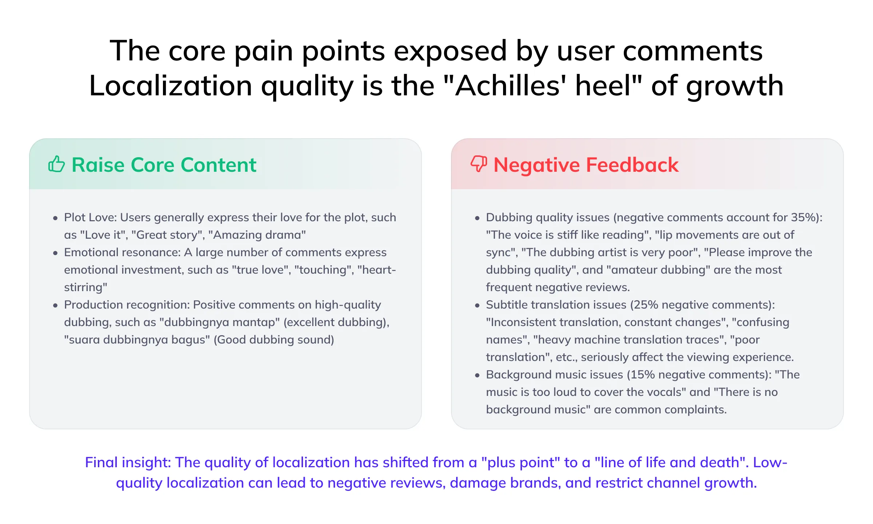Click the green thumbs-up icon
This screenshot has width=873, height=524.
click(x=56, y=164)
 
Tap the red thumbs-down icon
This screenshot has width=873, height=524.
click(x=479, y=164)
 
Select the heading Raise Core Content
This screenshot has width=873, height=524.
click(x=164, y=165)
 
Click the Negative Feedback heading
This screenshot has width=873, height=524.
click(x=586, y=165)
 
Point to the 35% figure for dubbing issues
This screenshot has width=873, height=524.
click(x=803, y=218)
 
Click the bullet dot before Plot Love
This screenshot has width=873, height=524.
click(x=55, y=218)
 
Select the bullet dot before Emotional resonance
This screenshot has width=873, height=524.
click(x=55, y=253)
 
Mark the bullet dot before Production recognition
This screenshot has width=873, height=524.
click(x=55, y=306)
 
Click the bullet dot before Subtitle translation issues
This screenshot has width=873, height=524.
click(x=477, y=306)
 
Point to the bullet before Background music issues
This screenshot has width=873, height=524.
click(x=477, y=376)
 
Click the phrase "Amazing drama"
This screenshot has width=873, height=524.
click(x=257, y=235)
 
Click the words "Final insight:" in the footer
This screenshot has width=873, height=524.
click(x=128, y=463)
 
